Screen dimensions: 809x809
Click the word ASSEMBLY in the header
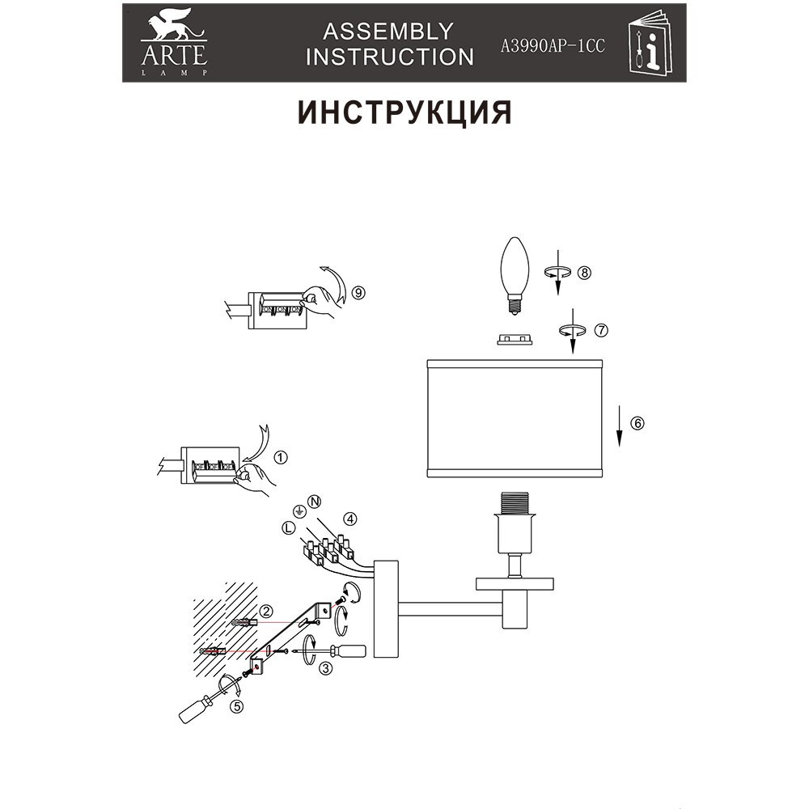coord(388,31)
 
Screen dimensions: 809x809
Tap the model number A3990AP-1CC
coord(553,46)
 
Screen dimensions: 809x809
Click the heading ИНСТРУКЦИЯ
coord(405,113)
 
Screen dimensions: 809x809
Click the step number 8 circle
coord(585,273)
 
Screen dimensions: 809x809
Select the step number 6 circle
coord(637,422)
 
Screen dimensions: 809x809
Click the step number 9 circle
coord(360,293)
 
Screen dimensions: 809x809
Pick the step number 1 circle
coord(282,458)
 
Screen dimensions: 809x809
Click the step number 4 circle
coord(349,518)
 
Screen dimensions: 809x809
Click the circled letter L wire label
coord(288,527)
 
